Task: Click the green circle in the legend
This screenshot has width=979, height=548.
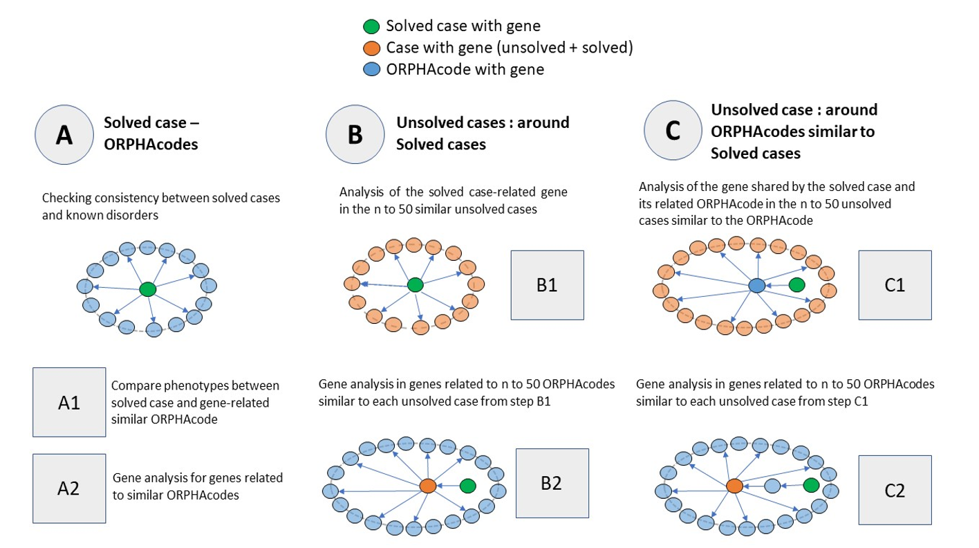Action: coord(372,27)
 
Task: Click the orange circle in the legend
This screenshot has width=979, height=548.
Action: coord(372,48)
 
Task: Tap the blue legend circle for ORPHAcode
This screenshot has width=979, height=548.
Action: coord(372,69)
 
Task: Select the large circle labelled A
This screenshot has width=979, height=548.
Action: coord(64,135)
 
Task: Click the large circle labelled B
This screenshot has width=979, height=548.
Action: coord(355,135)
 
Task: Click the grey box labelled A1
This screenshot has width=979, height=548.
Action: coord(69,402)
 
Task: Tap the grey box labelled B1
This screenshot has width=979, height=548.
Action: coord(547,284)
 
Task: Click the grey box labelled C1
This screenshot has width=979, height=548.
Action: coord(895,284)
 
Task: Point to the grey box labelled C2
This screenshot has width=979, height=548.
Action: coord(895,491)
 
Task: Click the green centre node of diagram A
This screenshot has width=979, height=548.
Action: coord(147,289)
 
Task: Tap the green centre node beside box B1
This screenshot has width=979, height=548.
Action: coord(415,284)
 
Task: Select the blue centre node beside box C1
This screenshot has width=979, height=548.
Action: coord(757,285)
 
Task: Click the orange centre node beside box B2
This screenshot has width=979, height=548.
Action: coord(428,486)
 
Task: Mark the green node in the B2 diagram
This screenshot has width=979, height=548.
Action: coord(468,486)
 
